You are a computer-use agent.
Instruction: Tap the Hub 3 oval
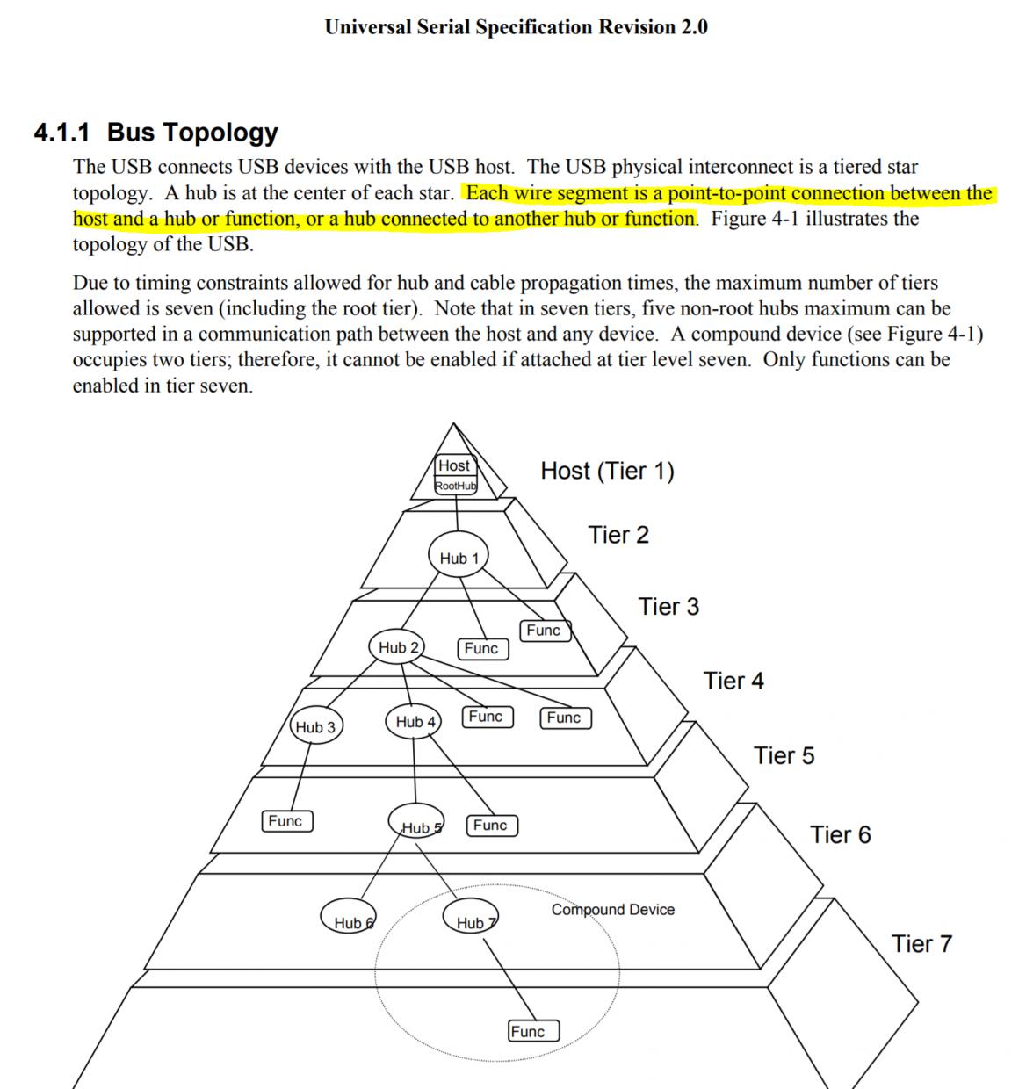(x=316, y=727)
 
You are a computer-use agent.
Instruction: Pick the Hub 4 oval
(x=414, y=722)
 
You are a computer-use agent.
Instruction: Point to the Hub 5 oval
(x=418, y=823)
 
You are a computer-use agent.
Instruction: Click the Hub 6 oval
(x=349, y=918)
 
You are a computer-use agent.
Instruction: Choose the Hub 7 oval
(x=473, y=918)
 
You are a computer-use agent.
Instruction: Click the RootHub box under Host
(x=456, y=486)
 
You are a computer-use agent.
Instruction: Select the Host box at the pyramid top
(x=454, y=465)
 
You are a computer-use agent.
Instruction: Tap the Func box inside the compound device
(x=533, y=1031)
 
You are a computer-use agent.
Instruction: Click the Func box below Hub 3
(x=286, y=821)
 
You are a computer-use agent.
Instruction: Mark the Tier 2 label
(x=618, y=535)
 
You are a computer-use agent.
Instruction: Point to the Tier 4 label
(x=733, y=681)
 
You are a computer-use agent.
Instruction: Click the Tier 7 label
(x=921, y=944)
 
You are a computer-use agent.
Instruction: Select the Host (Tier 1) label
(x=607, y=471)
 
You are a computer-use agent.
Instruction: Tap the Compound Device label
(x=613, y=910)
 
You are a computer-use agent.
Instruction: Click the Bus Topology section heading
(x=192, y=133)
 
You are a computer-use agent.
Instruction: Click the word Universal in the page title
(x=367, y=26)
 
